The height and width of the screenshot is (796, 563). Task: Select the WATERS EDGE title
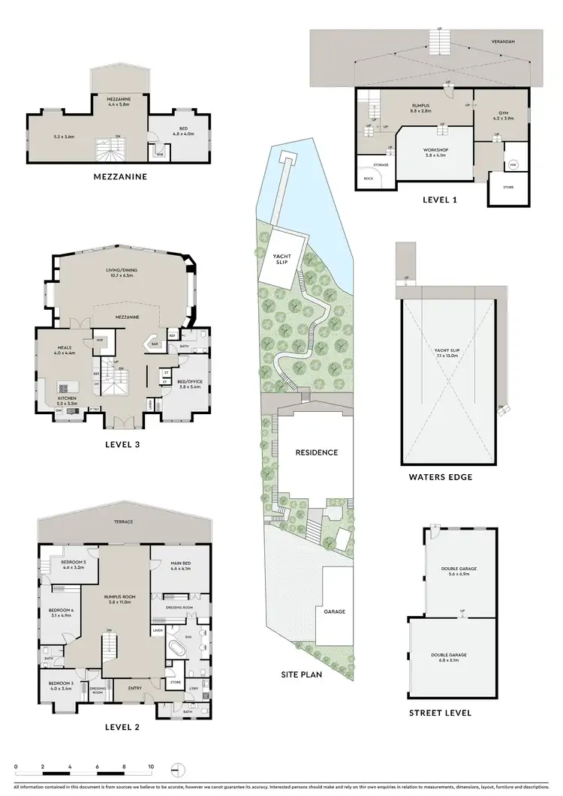pos(440,476)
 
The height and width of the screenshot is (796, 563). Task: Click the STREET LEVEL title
pos(440,713)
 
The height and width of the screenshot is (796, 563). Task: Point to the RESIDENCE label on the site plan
pos(316,453)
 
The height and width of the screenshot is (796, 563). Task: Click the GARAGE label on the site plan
pos(335,611)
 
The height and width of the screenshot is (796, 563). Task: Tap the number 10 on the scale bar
pos(151,767)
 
